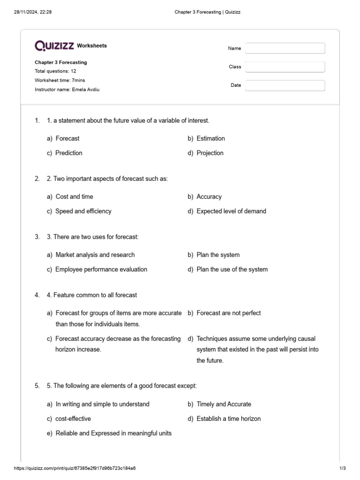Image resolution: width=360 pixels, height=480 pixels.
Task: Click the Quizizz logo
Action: [x=54, y=45]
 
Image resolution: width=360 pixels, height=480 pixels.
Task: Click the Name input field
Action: [x=285, y=48]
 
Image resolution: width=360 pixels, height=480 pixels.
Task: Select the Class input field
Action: [x=285, y=67]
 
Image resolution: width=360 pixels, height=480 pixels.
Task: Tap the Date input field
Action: [x=285, y=85]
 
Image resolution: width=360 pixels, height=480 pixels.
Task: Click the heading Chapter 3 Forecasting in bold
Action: [x=60, y=62]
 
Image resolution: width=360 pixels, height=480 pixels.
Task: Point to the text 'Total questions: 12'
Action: [x=55, y=71]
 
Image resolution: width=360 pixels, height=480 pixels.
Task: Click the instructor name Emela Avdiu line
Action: [x=67, y=90]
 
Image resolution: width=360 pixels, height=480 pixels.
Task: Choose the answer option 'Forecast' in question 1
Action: [x=67, y=138]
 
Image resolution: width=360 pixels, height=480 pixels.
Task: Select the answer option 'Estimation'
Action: [x=210, y=138]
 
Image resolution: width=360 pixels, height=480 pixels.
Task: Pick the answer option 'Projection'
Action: [x=210, y=153]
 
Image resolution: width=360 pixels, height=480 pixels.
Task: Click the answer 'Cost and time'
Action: [x=74, y=196]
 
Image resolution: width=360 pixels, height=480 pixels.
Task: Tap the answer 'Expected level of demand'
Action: [x=231, y=211]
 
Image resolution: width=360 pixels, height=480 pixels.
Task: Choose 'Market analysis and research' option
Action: [x=95, y=255]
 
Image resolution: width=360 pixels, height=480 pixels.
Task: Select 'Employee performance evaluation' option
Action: [x=101, y=269]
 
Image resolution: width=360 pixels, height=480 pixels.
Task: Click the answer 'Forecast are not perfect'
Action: [x=228, y=313]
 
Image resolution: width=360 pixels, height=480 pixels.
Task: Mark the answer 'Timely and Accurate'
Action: [x=224, y=404]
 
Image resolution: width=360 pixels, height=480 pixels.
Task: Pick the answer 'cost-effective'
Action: [x=73, y=419]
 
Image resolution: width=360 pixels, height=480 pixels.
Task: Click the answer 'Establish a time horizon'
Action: [x=228, y=419]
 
